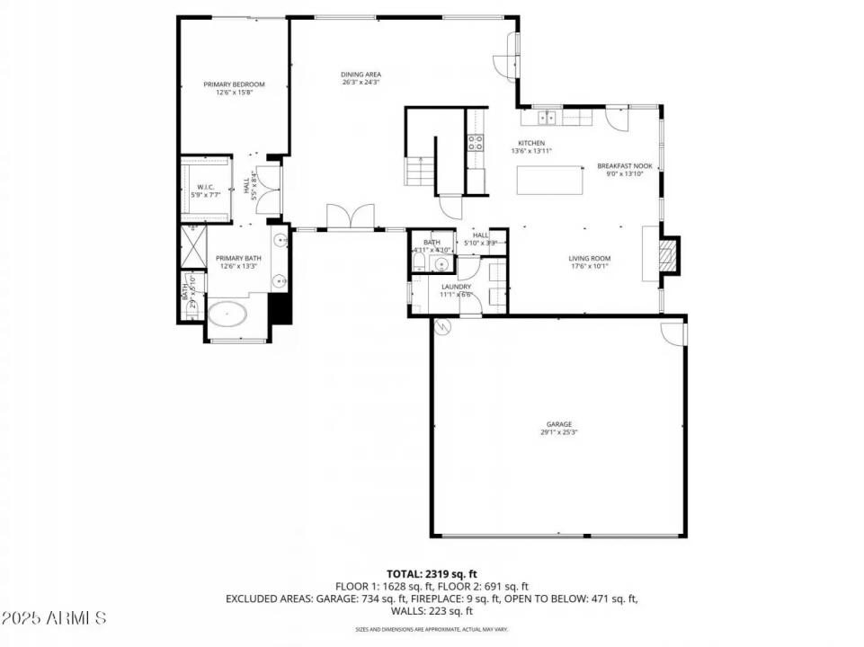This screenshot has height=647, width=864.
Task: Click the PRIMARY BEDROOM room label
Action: click(x=234, y=84)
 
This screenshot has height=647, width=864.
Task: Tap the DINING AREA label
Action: click(x=361, y=75)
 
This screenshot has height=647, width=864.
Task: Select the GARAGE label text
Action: click(x=558, y=424)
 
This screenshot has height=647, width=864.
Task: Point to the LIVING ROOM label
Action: click(x=589, y=260)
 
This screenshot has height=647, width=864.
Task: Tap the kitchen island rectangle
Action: click(x=551, y=181)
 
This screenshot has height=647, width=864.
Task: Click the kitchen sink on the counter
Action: click(x=548, y=117)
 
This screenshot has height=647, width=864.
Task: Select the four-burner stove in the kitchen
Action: click(x=476, y=142)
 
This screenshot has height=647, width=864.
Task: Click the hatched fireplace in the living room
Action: click(x=665, y=254)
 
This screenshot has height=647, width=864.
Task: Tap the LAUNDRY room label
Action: click(x=456, y=288)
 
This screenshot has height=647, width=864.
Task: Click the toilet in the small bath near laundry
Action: click(x=417, y=261)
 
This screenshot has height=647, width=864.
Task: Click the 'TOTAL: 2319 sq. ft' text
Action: click(x=432, y=572)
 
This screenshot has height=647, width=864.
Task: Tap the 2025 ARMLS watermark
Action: click(x=54, y=618)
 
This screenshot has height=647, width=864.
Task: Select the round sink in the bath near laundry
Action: click(x=441, y=263)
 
